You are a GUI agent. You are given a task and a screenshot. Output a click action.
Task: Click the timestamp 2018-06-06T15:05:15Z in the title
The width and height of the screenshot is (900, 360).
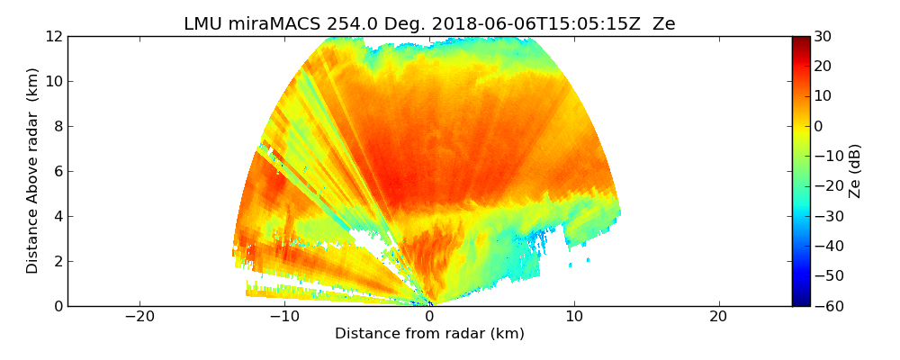(511, 24)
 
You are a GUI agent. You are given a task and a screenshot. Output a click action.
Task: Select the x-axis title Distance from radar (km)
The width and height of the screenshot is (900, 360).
(429, 334)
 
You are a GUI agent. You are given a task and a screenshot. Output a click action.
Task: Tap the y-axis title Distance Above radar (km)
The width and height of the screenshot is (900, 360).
(32, 171)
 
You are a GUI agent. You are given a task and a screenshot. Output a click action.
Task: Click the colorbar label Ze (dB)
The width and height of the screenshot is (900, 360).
(855, 171)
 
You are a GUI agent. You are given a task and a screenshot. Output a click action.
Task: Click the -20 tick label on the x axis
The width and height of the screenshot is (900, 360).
(139, 317)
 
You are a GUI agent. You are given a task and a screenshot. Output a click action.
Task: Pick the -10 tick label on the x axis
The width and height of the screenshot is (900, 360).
(284, 317)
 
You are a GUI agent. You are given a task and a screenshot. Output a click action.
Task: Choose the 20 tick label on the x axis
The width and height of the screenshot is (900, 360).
(718, 317)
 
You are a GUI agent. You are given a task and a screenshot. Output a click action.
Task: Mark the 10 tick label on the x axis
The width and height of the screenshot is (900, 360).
(573, 317)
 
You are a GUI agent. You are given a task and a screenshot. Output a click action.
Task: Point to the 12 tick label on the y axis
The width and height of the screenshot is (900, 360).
(53, 36)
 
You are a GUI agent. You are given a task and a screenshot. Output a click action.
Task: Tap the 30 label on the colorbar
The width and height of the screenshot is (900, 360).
(823, 36)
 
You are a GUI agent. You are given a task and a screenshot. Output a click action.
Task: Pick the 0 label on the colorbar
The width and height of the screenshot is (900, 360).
(819, 126)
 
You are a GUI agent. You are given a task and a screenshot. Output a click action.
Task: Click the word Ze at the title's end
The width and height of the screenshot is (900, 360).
(664, 24)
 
